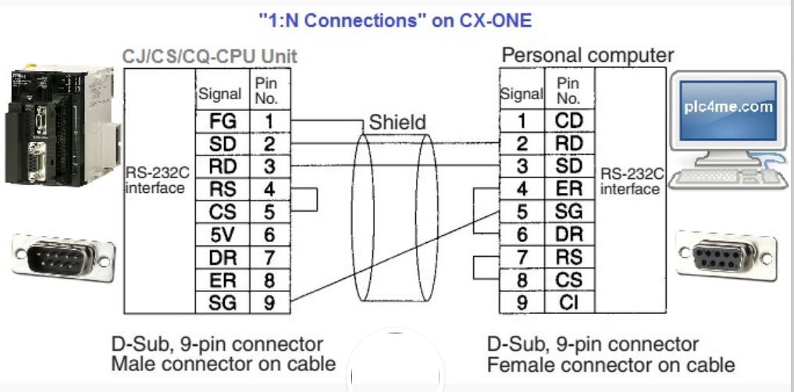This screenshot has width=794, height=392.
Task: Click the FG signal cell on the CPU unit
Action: (222, 122)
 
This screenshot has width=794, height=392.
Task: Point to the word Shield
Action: (397, 122)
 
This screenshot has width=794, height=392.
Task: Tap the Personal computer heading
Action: (588, 55)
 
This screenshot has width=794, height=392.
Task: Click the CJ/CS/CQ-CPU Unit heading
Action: (210, 57)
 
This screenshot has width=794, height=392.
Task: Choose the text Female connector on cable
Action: (611, 365)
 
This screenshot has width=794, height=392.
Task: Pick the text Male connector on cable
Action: (223, 364)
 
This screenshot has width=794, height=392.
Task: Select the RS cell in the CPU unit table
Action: (222, 190)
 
